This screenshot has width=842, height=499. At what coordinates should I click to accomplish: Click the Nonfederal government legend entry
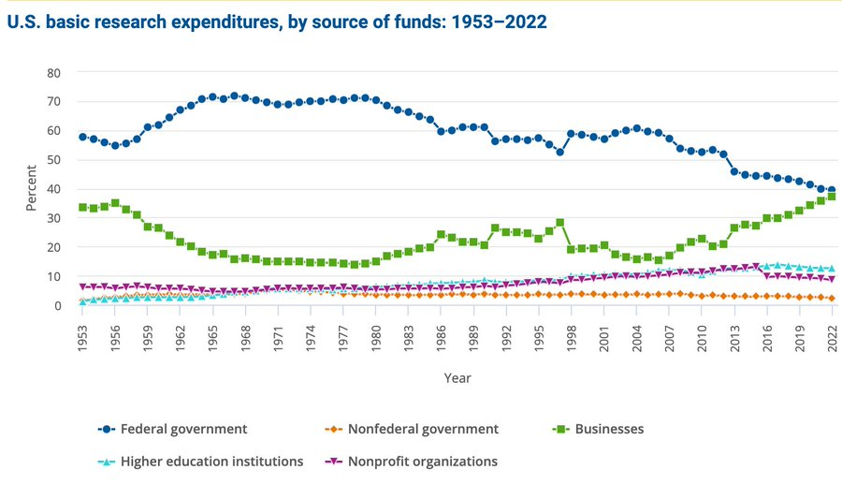coord(423,429)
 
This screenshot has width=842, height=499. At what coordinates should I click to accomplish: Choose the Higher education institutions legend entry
coord(212,461)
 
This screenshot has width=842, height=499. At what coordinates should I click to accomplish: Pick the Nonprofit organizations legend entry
coord(422,461)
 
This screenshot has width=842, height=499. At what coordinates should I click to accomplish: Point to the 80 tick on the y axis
coord(53,72)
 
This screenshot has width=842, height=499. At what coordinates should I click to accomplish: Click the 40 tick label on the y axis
coord(53,189)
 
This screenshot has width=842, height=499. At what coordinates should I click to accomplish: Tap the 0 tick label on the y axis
coord(57,306)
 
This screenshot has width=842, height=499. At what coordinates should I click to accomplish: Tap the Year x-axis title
coord(457,377)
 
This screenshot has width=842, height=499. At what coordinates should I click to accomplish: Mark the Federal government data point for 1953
coord(82,137)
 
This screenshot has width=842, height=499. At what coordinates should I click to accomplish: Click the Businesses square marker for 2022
coord(832,197)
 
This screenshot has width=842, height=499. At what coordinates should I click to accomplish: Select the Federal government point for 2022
coord(832,190)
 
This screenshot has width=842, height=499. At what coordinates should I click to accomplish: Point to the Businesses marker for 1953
coord(82,207)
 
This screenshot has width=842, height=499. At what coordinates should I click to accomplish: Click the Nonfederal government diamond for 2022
coord(832,299)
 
